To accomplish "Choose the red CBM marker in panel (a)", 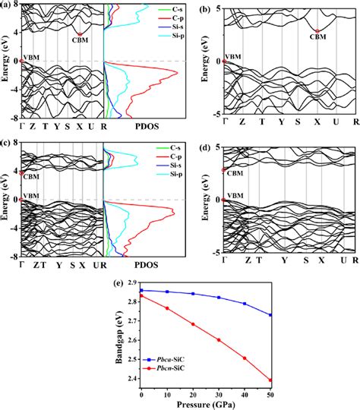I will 80,33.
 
